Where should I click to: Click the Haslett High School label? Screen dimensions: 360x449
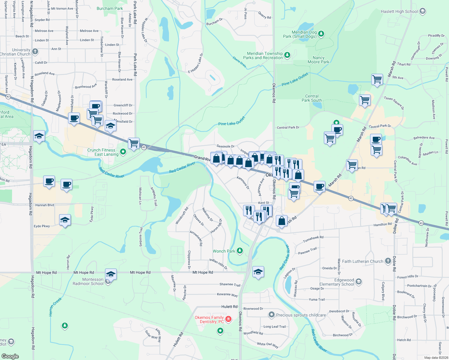point(399,12)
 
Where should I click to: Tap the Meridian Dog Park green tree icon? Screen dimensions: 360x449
point(321,34)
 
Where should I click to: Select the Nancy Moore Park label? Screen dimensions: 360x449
point(318,60)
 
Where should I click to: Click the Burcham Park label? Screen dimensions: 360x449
point(110,9)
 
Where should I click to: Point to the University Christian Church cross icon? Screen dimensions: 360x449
point(35,52)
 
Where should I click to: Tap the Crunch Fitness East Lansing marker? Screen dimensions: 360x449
point(123,152)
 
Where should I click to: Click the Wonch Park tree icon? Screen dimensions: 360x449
point(240,250)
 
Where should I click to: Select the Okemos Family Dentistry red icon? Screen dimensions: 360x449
point(228,319)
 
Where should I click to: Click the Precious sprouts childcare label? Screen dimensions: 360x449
point(301,315)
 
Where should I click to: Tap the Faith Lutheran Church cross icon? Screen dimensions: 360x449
point(388,261)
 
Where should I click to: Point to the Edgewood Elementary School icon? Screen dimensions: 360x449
point(358,282)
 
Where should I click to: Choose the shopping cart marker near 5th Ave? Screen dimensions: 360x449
point(377,80)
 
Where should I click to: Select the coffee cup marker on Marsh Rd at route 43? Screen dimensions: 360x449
point(320,187)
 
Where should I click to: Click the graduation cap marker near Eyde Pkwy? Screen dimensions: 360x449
point(65,220)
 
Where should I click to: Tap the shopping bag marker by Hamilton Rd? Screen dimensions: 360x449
point(282,221)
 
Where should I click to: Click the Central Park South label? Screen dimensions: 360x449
point(312,98)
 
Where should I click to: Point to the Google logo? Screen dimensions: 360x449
point(10,356)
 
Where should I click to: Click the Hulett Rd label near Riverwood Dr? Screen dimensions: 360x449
point(229,307)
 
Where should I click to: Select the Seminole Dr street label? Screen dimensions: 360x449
point(225,146)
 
